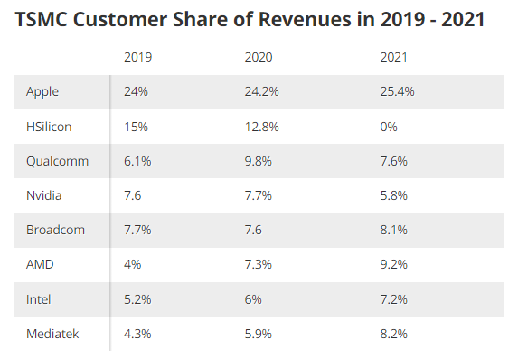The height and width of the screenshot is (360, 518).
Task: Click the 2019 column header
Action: point(137,57)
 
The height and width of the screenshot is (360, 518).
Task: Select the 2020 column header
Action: point(259,57)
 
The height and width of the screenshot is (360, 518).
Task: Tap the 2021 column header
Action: point(393,57)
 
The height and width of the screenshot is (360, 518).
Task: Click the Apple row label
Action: point(42,92)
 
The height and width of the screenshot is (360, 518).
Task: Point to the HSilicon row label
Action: point(49,127)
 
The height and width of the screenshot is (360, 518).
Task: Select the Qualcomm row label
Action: point(58,161)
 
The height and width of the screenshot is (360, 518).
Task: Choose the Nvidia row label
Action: point(44,195)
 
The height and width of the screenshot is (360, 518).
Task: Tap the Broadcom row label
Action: point(55,230)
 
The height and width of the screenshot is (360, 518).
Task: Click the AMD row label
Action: point(40,264)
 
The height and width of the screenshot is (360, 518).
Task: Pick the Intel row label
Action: point(38,299)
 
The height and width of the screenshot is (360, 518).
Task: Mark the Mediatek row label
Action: point(52,334)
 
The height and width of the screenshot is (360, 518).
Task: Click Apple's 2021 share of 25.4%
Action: point(397,91)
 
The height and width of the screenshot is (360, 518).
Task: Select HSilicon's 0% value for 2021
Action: point(389,127)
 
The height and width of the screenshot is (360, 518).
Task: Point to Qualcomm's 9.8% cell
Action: point(258,161)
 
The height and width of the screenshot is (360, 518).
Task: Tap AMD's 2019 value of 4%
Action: point(133,264)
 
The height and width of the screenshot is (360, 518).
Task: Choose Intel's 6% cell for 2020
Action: point(253,299)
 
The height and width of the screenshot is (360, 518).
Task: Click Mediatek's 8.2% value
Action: point(393,334)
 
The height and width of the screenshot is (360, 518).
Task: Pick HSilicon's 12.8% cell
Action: point(261,127)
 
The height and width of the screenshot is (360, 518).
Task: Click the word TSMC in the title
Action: point(42,19)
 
